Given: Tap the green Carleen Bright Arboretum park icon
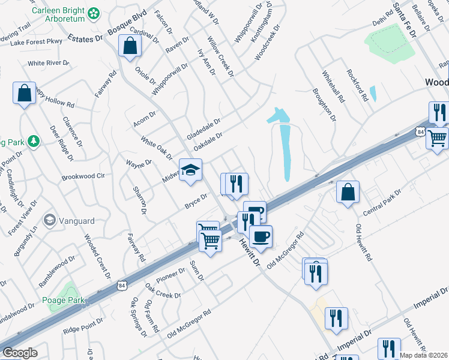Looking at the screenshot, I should (x=94, y=13).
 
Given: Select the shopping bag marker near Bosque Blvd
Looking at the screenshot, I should (x=130, y=46).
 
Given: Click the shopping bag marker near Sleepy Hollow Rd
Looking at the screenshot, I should (x=23, y=93).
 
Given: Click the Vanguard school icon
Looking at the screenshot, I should (x=49, y=220).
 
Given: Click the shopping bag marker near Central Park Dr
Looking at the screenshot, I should (x=348, y=192).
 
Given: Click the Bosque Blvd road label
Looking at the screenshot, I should (x=127, y=31).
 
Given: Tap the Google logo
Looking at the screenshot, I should (x=20, y=353).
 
